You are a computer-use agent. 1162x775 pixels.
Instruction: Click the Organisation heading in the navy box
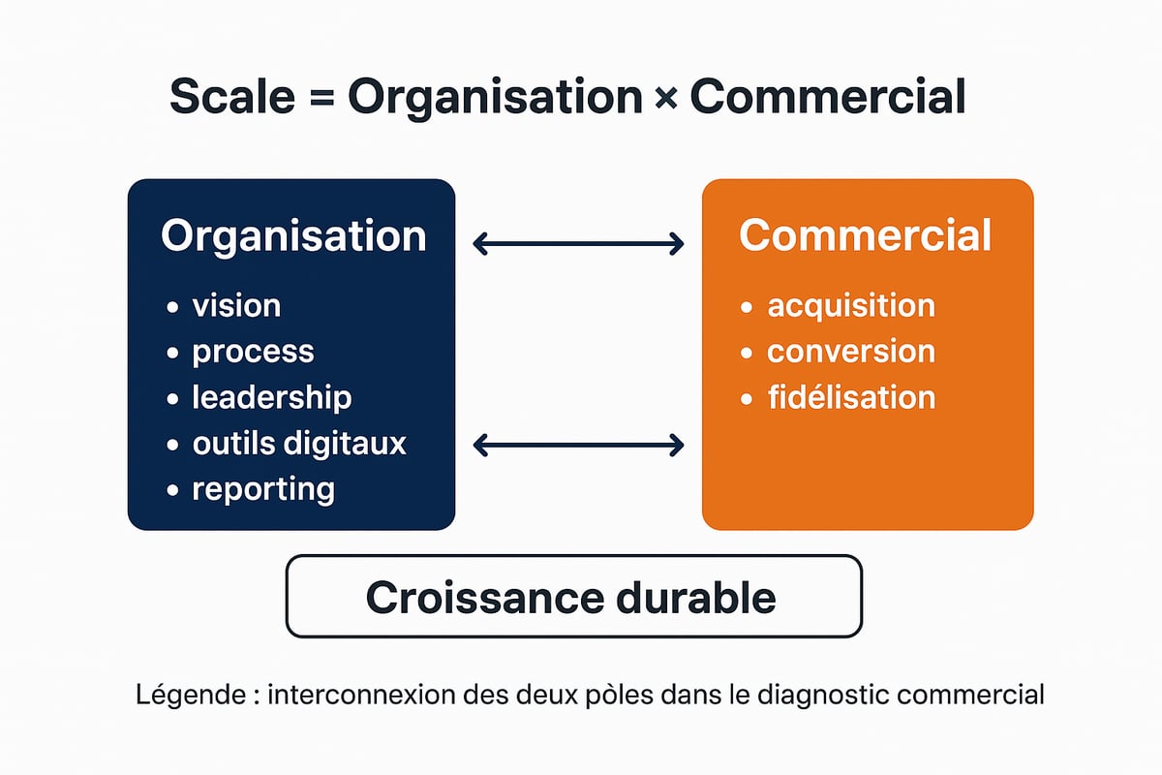(293, 237)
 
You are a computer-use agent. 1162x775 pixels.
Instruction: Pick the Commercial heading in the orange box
(865, 236)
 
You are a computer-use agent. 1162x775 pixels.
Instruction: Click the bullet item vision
(236, 306)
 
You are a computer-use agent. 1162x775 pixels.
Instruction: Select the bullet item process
(253, 352)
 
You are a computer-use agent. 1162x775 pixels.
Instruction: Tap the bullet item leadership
(271, 397)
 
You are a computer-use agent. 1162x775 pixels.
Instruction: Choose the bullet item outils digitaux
(299, 444)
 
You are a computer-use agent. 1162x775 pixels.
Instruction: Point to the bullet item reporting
(263, 489)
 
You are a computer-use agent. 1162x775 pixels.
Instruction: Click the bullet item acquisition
(851, 306)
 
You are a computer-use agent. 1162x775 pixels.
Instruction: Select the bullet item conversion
(851, 352)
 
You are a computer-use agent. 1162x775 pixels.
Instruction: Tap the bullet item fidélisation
(851, 397)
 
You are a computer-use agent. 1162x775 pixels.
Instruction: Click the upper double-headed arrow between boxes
(578, 244)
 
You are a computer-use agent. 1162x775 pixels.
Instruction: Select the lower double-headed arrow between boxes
(578, 446)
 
